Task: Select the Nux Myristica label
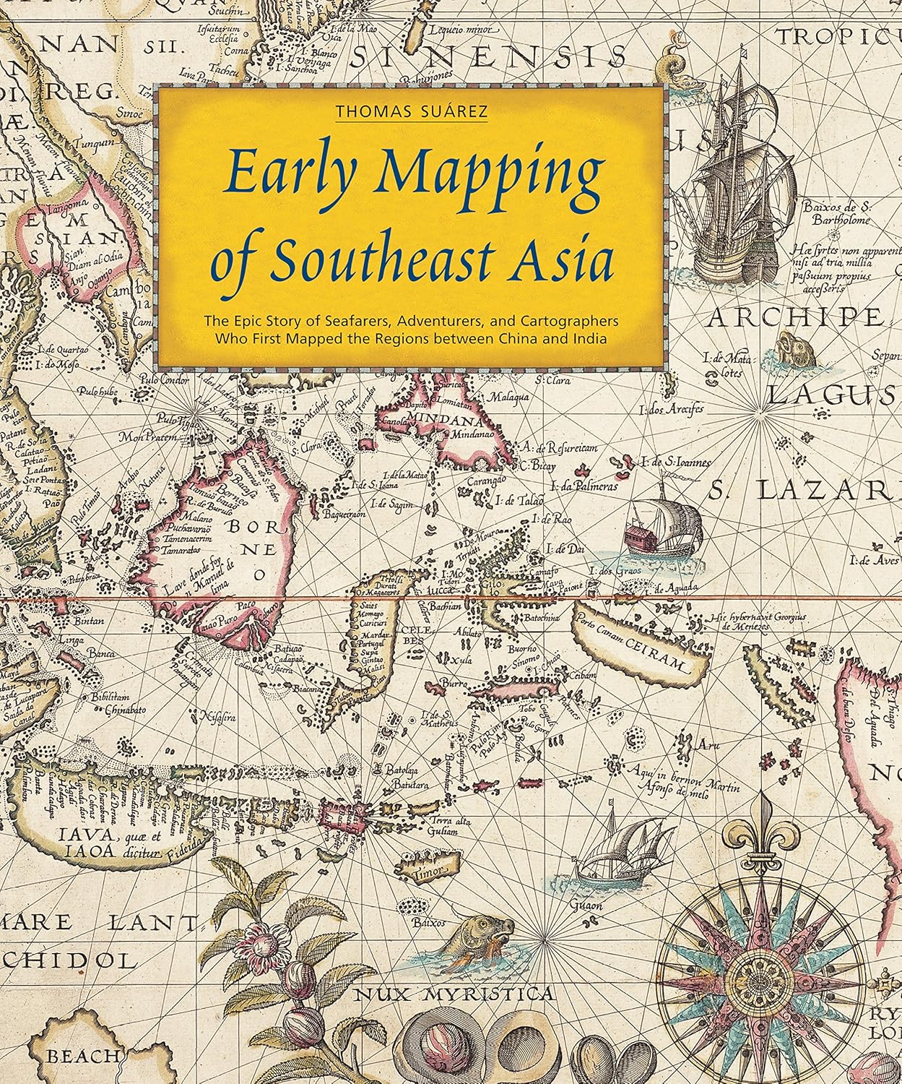pos(455,994)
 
